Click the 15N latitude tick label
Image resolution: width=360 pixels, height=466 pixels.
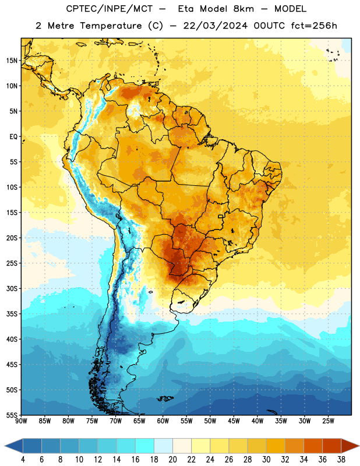point(12,61)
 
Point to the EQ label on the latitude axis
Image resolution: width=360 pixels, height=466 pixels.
point(13,137)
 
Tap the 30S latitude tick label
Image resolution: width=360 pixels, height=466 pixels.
point(12,288)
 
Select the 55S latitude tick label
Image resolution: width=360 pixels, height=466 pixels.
point(12,415)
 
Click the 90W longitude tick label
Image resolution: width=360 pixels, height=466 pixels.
point(21,421)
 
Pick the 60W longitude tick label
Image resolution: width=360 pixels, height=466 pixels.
point(163,421)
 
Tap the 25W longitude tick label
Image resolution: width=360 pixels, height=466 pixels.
point(328,421)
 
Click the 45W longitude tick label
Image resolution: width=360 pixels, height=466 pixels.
point(234,421)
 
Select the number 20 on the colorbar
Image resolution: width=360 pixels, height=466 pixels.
point(172,460)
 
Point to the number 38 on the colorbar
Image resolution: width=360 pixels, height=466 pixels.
point(341,460)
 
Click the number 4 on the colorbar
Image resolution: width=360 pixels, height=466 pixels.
point(23,460)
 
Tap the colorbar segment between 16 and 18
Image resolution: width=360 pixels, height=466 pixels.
point(144,446)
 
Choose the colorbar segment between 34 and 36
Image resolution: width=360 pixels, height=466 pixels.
point(313,446)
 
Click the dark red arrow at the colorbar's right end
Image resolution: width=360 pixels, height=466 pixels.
point(350,446)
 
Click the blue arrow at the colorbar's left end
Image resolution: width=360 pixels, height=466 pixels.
point(14,446)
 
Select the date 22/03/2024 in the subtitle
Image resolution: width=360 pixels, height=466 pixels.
point(215,26)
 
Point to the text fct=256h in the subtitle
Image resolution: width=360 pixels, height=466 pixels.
point(314,26)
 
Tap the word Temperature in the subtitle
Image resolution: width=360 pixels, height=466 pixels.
point(111,26)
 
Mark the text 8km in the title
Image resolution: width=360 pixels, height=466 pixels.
point(243,9)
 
